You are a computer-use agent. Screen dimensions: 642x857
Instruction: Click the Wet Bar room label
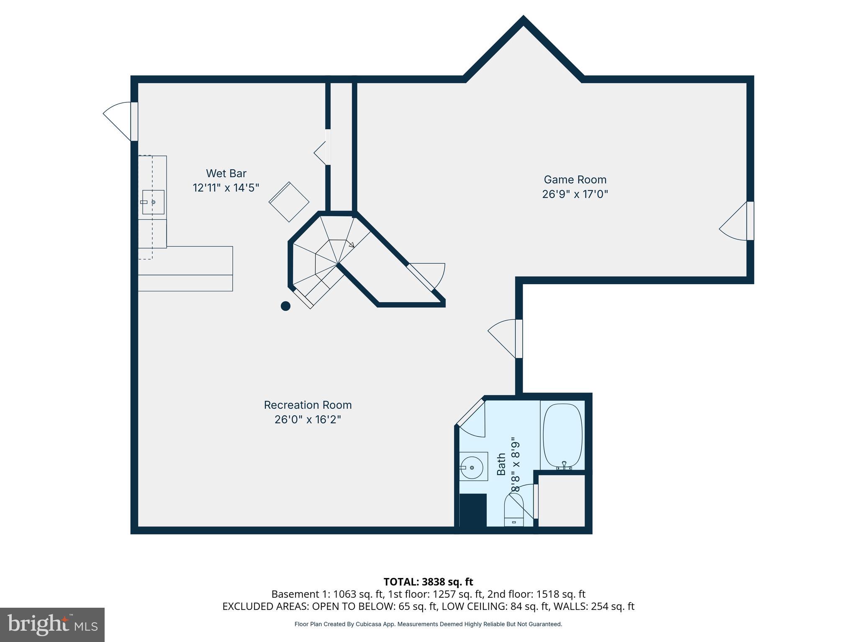(x=226, y=173)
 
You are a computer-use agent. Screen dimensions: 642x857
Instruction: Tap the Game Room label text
(x=575, y=179)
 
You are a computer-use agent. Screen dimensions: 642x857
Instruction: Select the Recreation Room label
(x=308, y=405)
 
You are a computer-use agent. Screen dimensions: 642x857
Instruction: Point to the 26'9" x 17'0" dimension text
(x=575, y=194)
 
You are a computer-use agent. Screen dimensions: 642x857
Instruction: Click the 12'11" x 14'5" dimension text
(x=226, y=188)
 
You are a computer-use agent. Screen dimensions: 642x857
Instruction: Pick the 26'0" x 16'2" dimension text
(x=308, y=419)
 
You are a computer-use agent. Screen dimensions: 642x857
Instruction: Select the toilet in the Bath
(x=514, y=510)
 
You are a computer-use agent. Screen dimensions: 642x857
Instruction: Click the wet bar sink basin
(x=153, y=202)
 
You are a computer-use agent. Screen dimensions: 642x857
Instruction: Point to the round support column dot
(x=285, y=306)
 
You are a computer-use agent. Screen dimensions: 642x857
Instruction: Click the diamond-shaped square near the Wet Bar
(x=289, y=202)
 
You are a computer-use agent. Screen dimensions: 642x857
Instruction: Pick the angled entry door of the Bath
(x=470, y=413)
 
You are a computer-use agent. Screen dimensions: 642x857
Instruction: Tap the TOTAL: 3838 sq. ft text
(x=428, y=581)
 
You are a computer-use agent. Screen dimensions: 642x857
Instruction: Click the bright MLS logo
(x=52, y=625)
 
